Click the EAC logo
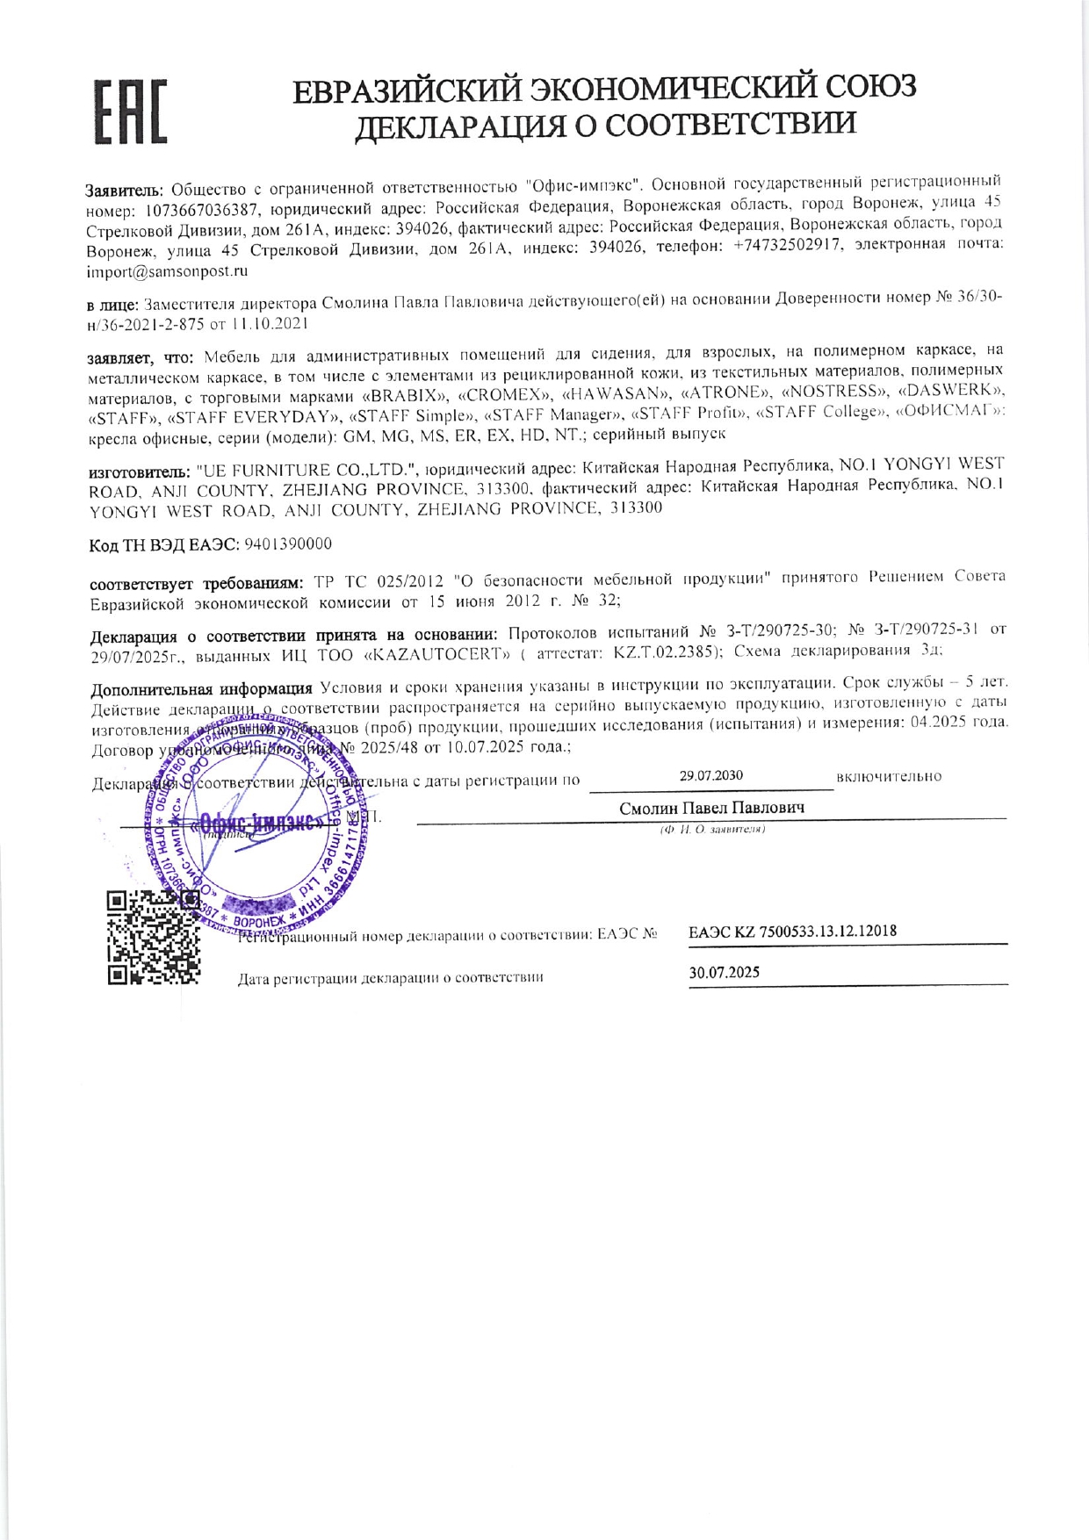[131, 112]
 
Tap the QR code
[154, 938]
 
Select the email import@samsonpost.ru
[167, 271]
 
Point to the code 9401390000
[288, 544]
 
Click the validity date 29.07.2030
[710, 775]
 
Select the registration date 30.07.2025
[725, 972]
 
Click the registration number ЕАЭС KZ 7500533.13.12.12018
[792, 932]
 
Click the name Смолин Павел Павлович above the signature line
[711, 808]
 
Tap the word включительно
[889, 776]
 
